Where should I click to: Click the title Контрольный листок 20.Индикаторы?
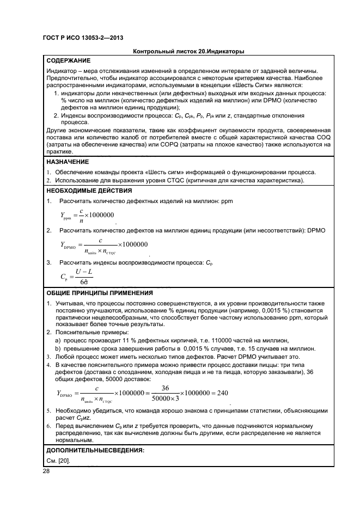click(x=188, y=52)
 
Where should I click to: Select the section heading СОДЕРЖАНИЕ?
click(x=69, y=60)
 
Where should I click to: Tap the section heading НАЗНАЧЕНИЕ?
click(x=68, y=162)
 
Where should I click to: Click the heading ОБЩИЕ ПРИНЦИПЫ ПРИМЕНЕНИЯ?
click(x=99, y=293)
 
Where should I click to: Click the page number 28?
click(x=46, y=471)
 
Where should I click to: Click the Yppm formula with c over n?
click(x=87, y=216)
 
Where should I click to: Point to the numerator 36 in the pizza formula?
click(x=166, y=388)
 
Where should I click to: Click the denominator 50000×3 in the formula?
click(x=166, y=398)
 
